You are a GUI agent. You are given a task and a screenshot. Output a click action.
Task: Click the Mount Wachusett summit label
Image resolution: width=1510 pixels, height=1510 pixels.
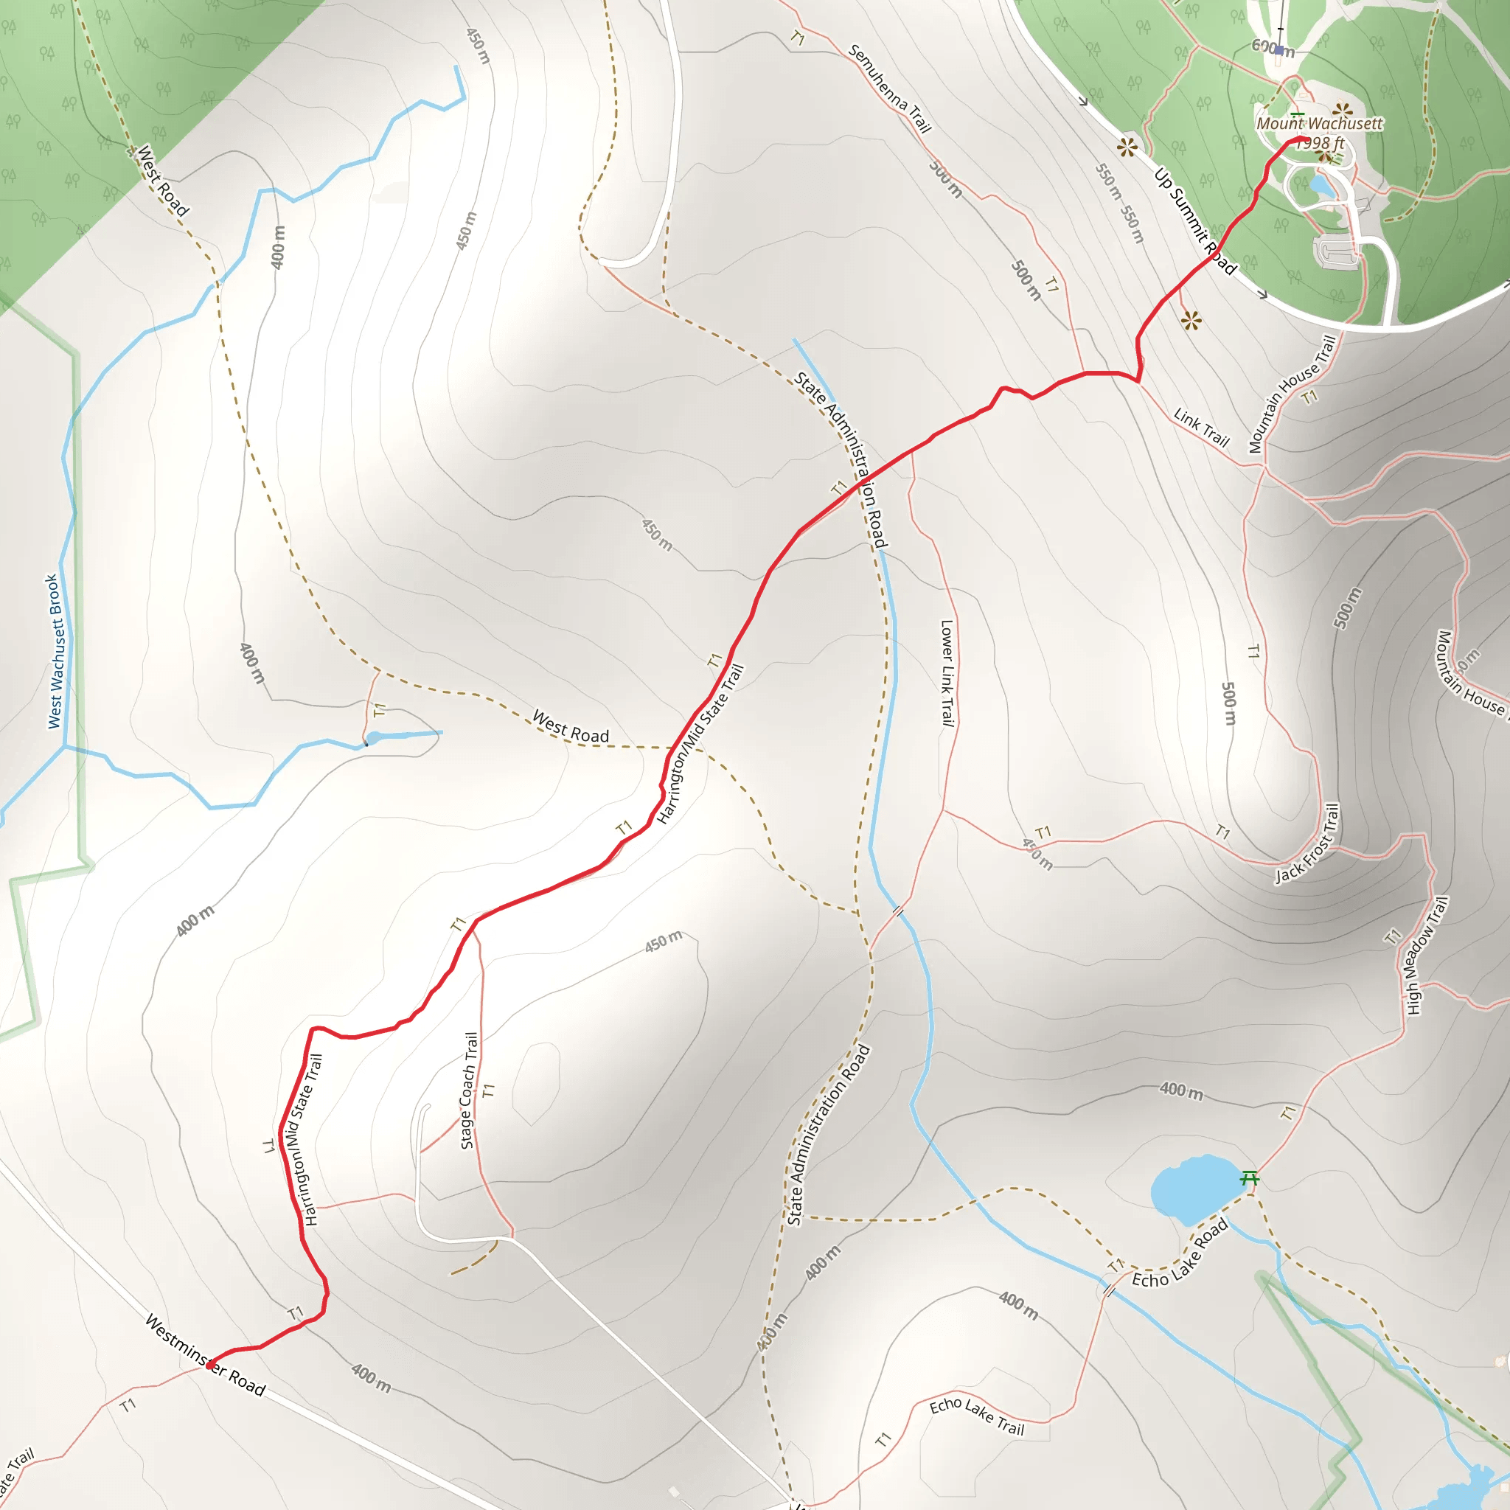click(1319, 123)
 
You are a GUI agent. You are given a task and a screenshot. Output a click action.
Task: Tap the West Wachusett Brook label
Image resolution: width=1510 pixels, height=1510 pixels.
click(54, 651)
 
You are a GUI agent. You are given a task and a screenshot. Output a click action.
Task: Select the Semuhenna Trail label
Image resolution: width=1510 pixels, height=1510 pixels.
click(889, 88)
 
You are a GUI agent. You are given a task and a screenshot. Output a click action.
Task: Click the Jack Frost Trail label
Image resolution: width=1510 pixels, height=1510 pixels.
click(1307, 844)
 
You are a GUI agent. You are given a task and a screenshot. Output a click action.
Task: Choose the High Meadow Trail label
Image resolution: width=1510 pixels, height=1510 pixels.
click(1427, 955)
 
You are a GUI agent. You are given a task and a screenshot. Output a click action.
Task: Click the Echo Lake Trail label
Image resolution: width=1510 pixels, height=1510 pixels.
click(976, 1416)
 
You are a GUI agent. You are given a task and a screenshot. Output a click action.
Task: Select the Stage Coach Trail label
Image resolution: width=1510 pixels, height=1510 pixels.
click(469, 1090)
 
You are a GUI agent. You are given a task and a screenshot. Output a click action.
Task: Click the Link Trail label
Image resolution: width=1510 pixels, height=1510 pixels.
click(1202, 428)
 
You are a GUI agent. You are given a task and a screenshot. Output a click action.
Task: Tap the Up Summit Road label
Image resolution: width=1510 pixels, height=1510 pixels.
click(1195, 221)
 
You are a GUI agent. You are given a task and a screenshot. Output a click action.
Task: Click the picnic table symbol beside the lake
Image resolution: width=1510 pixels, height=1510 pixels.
click(1250, 1177)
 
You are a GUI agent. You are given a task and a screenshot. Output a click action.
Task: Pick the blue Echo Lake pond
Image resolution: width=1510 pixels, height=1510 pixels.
click(1193, 1187)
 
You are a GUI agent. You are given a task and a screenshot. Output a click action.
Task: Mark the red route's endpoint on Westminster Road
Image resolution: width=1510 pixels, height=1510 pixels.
click(209, 1364)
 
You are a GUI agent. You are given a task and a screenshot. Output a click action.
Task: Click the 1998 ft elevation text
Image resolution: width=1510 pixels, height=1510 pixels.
click(1321, 143)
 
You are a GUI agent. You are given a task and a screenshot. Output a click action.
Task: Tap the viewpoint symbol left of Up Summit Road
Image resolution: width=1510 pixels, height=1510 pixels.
click(1127, 146)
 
